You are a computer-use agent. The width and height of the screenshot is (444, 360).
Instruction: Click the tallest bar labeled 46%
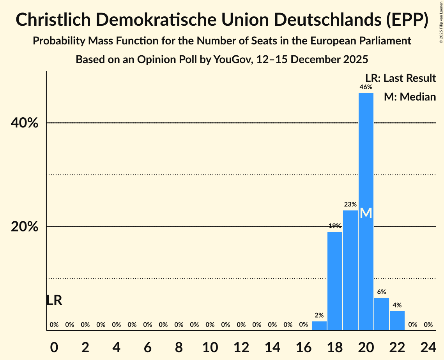point(366,156)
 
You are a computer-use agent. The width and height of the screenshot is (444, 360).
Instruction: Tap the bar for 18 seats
point(334,281)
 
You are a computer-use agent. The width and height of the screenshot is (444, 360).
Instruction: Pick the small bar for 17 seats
point(319,326)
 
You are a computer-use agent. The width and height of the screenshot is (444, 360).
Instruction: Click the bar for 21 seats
point(381,314)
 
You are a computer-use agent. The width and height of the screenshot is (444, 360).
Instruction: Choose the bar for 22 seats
point(397,321)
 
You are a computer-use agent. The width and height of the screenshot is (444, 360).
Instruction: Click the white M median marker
point(366,213)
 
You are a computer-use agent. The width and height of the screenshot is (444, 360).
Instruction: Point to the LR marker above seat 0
point(54,300)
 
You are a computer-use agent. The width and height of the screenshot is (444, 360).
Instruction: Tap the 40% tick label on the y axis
point(25,123)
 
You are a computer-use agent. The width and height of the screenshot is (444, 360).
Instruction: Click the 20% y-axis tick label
point(25,227)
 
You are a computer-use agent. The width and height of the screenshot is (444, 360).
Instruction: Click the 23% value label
point(350,204)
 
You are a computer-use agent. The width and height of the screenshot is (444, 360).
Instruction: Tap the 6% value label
point(381,292)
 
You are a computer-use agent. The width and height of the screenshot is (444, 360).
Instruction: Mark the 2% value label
point(319,315)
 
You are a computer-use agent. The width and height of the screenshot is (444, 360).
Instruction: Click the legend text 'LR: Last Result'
point(400,78)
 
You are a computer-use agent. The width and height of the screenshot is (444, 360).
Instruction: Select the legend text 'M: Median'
point(410,97)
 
